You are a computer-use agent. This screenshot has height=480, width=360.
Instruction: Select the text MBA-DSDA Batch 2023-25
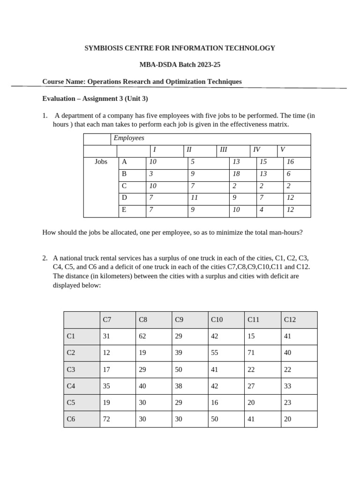coord(180,65)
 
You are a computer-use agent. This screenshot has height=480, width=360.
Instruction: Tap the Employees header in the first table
coord(129,138)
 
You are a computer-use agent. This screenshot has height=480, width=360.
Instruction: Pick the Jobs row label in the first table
coord(101,162)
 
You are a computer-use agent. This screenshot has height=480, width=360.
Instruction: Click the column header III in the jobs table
coord(223,150)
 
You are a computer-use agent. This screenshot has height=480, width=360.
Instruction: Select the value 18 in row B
coord(236,173)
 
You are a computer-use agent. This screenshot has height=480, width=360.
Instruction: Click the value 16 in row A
coord(290,162)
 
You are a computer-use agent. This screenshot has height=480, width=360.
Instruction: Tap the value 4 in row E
coord(261,210)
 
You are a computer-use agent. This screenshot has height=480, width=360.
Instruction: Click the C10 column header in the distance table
coord(217,320)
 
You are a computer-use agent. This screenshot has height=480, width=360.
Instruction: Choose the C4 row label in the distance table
coord(71,386)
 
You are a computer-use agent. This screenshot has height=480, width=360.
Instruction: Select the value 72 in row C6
coord(106,419)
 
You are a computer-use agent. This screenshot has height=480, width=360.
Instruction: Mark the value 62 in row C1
coord(142,336)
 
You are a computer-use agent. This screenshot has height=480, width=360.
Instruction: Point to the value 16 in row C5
coord(215,402)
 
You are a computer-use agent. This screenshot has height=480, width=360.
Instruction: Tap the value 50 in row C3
coord(179,369)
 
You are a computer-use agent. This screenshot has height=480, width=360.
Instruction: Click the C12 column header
coord(290,320)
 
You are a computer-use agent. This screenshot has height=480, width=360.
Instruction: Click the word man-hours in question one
coord(286,232)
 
